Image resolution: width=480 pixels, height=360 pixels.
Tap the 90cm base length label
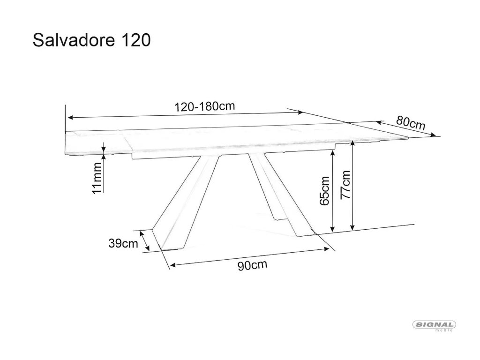(252, 266)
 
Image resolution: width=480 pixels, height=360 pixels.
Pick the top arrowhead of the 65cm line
(332, 153)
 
